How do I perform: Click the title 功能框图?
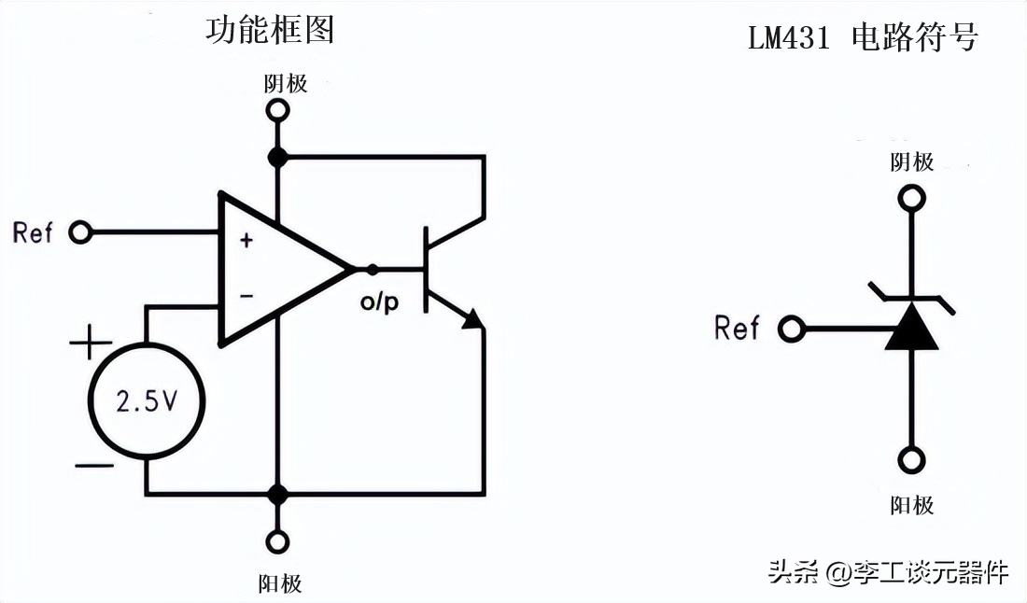tap(270, 31)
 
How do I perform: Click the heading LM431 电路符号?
tap(863, 38)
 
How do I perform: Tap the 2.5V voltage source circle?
tap(146, 401)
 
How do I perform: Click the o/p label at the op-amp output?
tap(379, 302)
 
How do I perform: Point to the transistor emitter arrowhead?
tap(474, 319)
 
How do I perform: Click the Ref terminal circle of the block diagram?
tap(81, 231)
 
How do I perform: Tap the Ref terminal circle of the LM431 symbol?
tap(792, 329)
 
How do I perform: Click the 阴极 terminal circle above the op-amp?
tap(277, 110)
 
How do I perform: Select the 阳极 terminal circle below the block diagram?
tap(277, 541)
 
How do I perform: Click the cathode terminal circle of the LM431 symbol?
tap(911, 198)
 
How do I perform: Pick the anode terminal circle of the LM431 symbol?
tap(911, 459)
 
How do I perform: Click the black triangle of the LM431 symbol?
tap(911, 328)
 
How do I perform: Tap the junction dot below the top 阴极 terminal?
tap(277, 157)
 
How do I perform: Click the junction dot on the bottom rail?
tap(277, 493)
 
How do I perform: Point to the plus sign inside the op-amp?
tap(246, 241)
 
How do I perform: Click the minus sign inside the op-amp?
tap(246, 297)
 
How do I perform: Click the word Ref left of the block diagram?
tap(34, 231)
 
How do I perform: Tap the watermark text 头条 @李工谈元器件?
tap(888, 571)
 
